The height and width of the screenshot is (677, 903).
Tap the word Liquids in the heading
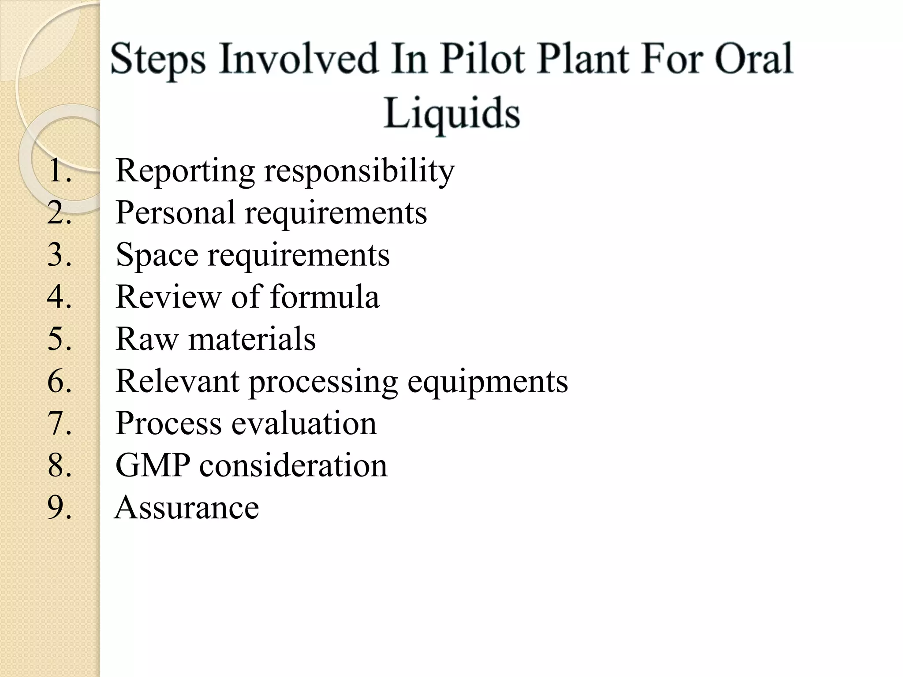[x=451, y=113]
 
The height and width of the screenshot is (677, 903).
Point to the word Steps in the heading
[x=158, y=60]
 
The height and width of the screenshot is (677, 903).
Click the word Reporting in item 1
[x=185, y=171]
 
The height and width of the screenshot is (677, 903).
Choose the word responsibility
[x=359, y=171]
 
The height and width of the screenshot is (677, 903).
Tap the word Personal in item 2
[x=175, y=212]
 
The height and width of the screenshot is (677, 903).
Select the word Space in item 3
[x=157, y=255]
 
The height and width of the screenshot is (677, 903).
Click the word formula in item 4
[x=325, y=297]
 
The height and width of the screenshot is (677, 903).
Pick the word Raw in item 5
[x=147, y=339]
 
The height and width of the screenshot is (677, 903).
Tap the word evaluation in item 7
[x=304, y=423]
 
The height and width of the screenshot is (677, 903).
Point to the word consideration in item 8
[x=293, y=465]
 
